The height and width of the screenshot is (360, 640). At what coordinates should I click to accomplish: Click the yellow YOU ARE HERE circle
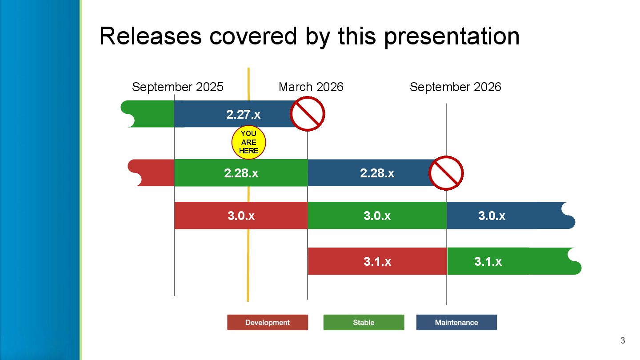click(x=248, y=143)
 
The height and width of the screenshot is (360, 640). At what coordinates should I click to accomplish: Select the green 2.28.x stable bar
click(x=241, y=173)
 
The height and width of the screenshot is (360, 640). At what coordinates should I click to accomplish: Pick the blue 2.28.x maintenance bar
click(x=369, y=173)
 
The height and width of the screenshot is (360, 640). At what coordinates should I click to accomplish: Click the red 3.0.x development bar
click(x=241, y=216)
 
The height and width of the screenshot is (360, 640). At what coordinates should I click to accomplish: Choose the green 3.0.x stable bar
click(x=377, y=216)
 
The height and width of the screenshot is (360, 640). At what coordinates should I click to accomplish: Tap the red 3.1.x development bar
click(x=377, y=261)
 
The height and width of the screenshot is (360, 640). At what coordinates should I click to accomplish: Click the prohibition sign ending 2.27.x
click(x=307, y=114)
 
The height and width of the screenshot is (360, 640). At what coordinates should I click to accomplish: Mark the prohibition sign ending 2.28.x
click(x=446, y=173)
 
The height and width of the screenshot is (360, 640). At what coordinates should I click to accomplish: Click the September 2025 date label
click(x=178, y=87)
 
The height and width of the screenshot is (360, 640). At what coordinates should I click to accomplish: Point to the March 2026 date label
click(x=311, y=87)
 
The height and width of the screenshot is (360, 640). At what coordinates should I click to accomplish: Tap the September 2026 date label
click(x=455, y=87)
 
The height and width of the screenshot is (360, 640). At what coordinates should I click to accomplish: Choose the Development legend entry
click(x=267, y=323)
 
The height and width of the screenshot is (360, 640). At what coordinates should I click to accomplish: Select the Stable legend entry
click(x=364, y=323)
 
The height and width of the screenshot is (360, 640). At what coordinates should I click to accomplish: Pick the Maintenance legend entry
click(x=456, y=323)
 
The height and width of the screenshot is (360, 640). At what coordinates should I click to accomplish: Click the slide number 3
click(x=623, y=341)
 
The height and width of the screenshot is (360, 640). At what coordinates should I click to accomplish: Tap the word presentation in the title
click(x=452, y=36)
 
